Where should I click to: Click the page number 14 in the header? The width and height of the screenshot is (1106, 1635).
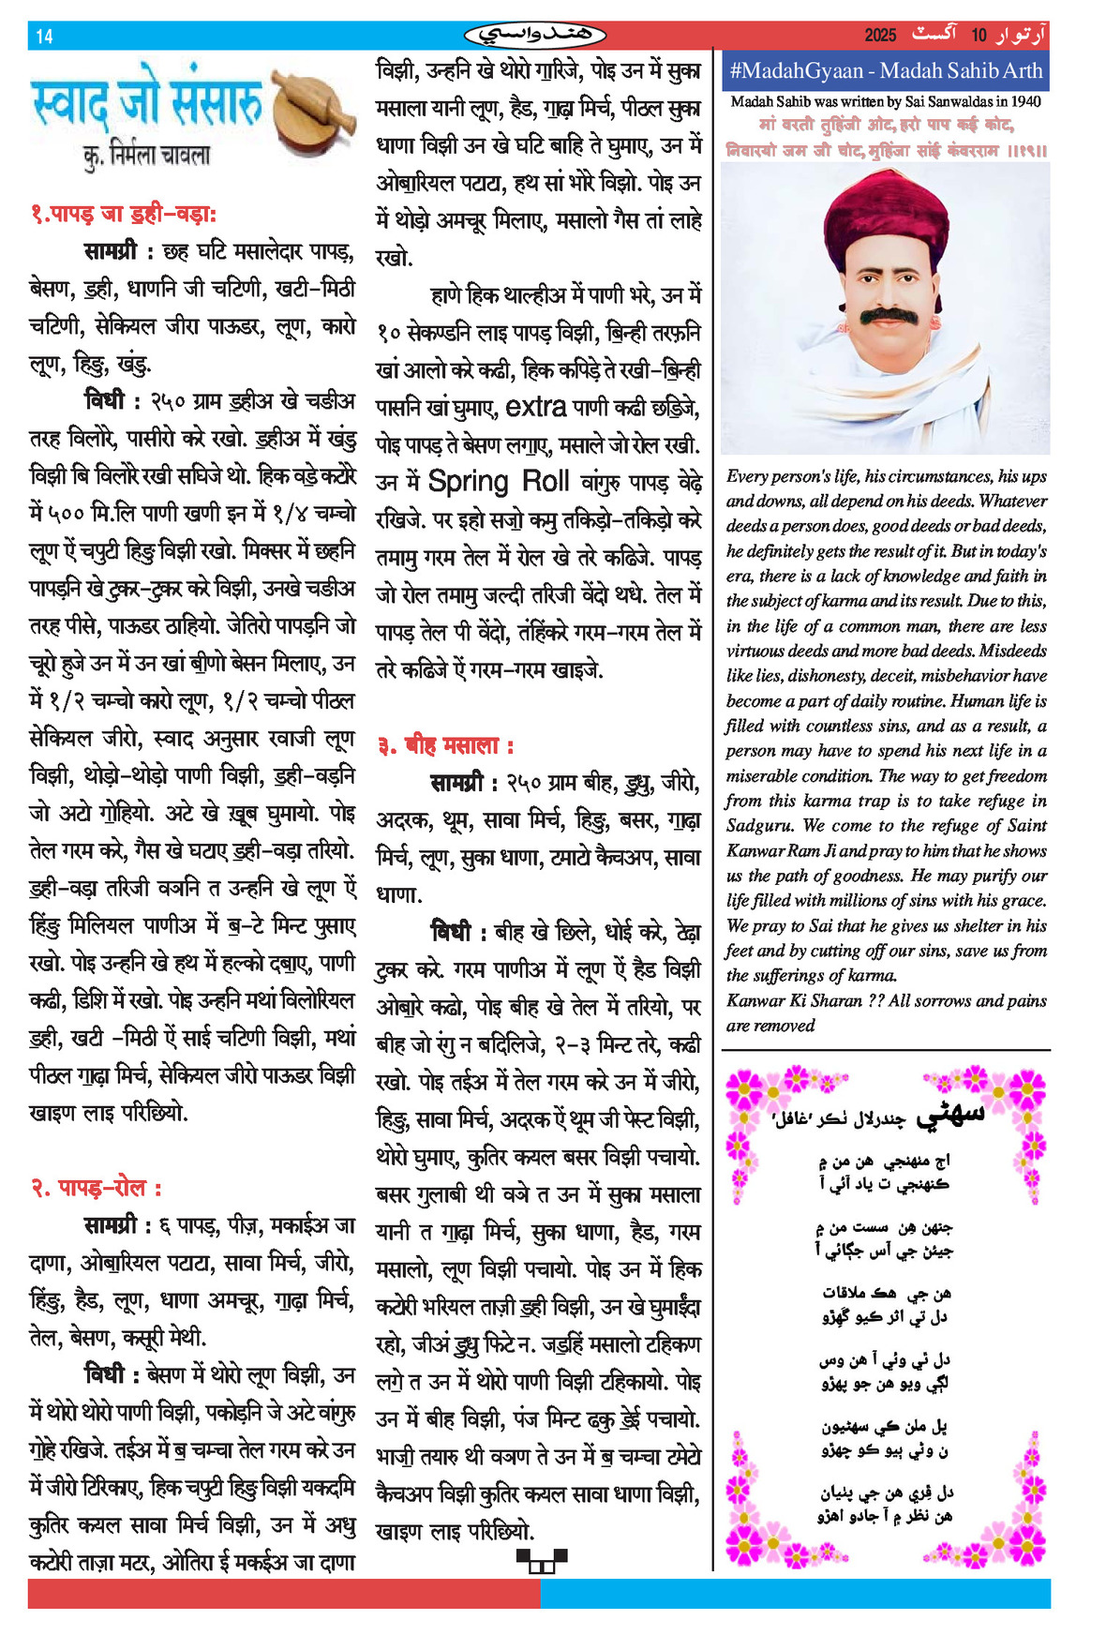(x=44, y=37)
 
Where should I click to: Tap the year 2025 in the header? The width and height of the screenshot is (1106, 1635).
(x=880, y=36)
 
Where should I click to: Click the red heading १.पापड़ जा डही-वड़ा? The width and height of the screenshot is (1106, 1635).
(x=124, y=214)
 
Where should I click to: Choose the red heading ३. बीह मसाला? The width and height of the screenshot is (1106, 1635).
(x=445, y=746)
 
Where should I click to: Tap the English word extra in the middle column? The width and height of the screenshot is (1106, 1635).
(x=535, y=407)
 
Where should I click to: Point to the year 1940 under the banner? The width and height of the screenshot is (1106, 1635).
(x=1025, y=101)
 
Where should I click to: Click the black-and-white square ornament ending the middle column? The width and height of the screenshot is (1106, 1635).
(x=542, y=1559)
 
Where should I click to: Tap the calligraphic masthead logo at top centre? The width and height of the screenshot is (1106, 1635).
(x=535, y=36)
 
